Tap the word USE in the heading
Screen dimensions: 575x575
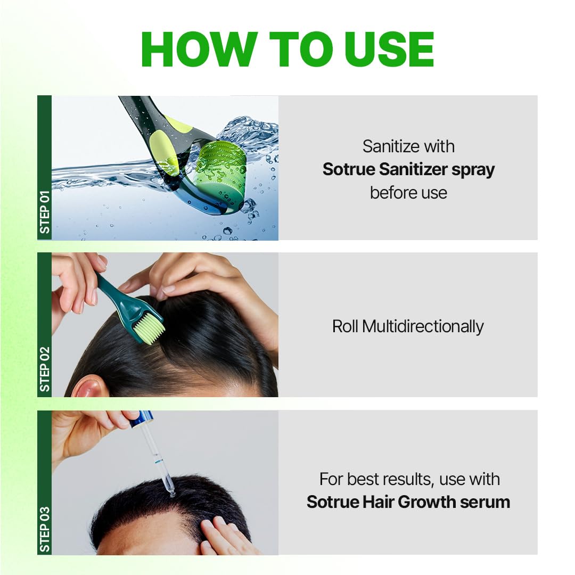(x=389, y=50)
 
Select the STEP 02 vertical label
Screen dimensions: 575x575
(x=45, y=369)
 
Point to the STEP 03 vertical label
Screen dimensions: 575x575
(x=45, y=528)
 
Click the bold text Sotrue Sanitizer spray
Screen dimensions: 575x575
(x=408, y=169)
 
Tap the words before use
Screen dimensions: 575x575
(x=408, y=192)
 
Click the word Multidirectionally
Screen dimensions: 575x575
(x=423, y=326)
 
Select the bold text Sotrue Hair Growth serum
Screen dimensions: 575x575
(x=408, y=502)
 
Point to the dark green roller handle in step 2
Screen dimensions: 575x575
(x=114, y=298)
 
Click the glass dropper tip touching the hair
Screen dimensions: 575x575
(x=171, y=492)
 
